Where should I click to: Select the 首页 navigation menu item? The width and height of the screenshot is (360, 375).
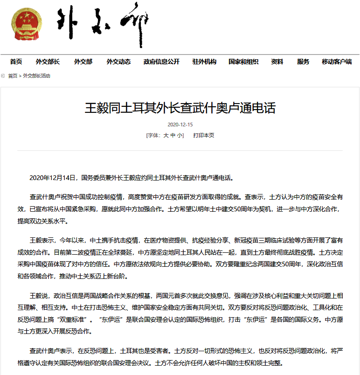16,62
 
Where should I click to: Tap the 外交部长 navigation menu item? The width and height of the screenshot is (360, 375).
48,62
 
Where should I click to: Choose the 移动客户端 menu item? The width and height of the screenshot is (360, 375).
337,62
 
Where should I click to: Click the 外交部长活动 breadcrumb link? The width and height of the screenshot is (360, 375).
36,76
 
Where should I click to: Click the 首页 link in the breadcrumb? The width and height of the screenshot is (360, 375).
13,76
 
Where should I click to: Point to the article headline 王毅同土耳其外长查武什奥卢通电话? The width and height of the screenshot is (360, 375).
180,108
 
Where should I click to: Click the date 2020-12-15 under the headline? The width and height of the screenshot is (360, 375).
180,125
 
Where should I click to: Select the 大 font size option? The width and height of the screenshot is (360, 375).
165,135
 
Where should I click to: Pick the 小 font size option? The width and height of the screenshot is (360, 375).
180,135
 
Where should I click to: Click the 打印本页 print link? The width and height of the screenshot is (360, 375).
204,135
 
